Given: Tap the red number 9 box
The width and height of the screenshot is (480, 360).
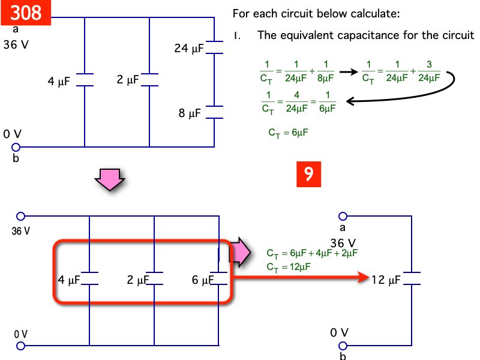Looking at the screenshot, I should tap(308, 173).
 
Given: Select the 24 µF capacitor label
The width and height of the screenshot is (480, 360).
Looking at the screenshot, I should tap(189, 48).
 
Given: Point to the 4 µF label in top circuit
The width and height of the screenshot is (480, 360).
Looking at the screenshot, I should tap(59, 82).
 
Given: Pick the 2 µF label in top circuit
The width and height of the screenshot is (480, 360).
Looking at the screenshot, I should tap(128, 79).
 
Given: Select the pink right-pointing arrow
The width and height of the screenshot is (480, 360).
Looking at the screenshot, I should tap(241, 251).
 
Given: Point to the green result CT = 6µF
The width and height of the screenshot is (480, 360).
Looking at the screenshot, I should tap(288, 133).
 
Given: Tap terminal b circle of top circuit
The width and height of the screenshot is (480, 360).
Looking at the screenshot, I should tap(16, 146).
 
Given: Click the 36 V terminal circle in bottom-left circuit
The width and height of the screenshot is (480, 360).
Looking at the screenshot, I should tap(21, 216).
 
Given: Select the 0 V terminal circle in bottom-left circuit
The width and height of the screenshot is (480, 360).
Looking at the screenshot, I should tap(21, 346).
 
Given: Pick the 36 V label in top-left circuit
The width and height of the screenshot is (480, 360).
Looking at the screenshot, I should tap(16, 45).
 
